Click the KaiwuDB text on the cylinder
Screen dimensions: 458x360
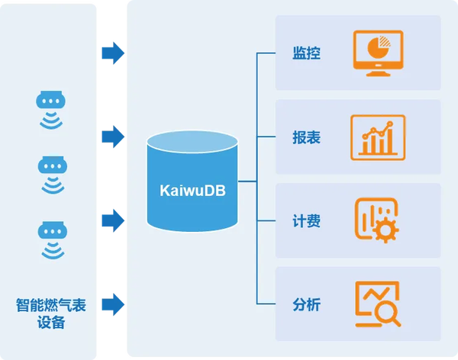[192, 191]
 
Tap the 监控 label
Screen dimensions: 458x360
[306, 53]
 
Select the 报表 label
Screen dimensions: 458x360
[306, 137]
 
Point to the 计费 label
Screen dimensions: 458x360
[306, 220]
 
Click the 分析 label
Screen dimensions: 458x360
[306, 304]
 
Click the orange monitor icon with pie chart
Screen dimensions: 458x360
[378, 53]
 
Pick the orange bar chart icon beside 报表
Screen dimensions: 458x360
[378, 137]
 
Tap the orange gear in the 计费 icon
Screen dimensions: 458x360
[385, 230]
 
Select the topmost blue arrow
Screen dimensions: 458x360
[113, 53]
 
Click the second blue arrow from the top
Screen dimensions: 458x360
[113, 137]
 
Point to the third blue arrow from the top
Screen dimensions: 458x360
[113, 220]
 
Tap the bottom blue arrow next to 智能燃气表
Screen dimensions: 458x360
[113, 304]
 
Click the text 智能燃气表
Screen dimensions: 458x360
[51, 305]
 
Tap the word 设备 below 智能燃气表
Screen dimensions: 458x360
[51, 323]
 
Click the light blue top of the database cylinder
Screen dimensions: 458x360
[192, 142]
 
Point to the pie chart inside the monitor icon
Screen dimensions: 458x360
[379, 47]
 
